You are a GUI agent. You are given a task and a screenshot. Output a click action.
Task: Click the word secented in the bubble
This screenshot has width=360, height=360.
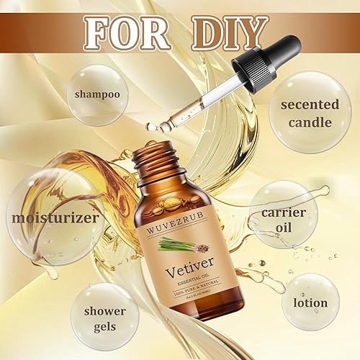click(310, 104)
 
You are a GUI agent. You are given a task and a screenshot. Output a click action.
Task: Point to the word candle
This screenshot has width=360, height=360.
click(310, 122)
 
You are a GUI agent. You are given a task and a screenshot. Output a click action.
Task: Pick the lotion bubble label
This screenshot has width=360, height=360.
click(310, 303)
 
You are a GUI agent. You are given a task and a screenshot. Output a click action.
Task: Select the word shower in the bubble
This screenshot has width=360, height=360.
click(106, 311)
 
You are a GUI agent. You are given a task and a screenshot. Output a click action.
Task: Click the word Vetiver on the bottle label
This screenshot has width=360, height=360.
click(171, 273)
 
